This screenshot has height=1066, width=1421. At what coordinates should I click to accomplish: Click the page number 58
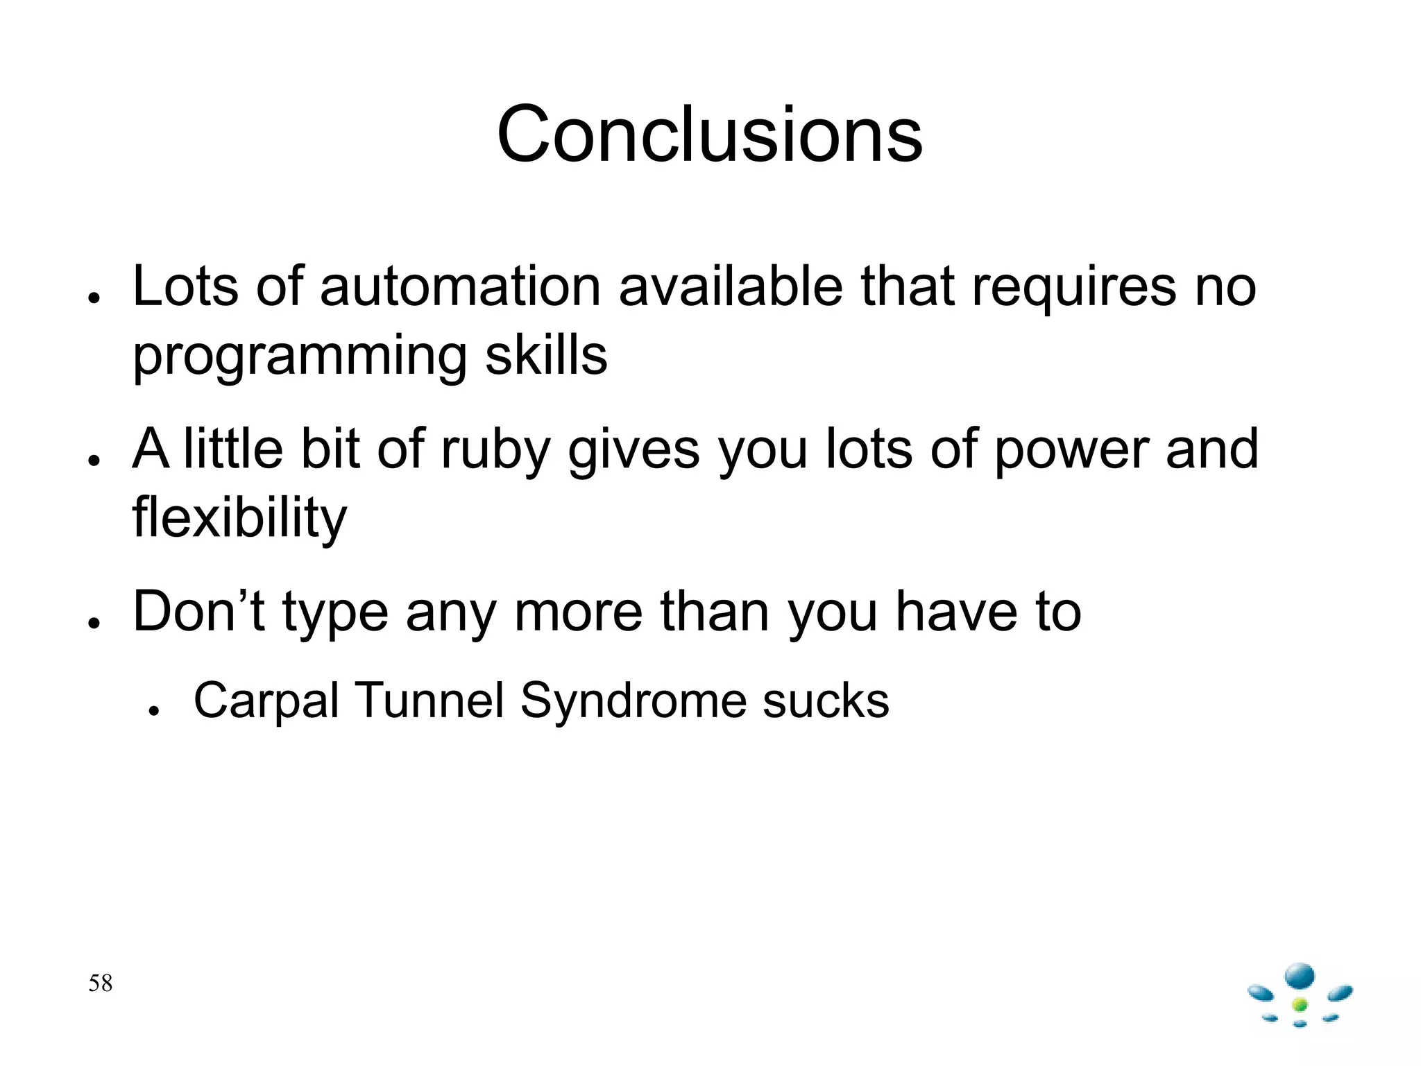coord(100,983)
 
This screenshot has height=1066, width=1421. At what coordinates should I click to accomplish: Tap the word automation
coord(459,286)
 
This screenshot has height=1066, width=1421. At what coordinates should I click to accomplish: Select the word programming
coord(300,356)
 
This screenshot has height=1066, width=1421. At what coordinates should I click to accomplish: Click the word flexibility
coord(239,517)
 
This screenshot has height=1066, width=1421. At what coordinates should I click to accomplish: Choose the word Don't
coord(198,612)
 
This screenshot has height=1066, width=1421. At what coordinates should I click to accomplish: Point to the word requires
coord(1073,287)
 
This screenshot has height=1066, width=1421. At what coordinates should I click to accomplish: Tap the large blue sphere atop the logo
coord(1300,976)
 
